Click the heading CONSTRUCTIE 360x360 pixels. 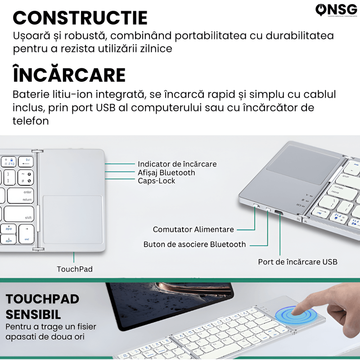tap(80, 18)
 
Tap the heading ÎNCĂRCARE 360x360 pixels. tap(69, 75)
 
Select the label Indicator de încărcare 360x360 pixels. tap(177, 164)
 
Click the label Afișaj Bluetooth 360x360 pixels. tap(166, 172)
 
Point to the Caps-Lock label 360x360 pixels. tap(156, 180)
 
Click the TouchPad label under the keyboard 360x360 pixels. tap(74, 269)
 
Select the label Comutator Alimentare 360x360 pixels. tap(193, 229)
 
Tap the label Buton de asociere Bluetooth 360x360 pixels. tap(194, 244)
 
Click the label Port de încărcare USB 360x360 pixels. tap(297, 261)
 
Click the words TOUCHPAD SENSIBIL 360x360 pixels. tap(43, 306)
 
